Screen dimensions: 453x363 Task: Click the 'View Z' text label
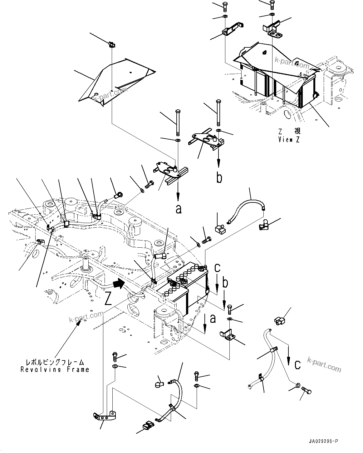tap(289, 140)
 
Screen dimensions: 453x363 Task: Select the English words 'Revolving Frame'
tap(55, 370)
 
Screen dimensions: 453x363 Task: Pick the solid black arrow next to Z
tap(118, 284)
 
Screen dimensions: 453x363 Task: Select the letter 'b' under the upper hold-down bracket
tap(219, 178)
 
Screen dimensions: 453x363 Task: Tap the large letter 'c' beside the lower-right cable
tap(297, 365)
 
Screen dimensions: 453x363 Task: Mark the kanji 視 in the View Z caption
tap(297, 131)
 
